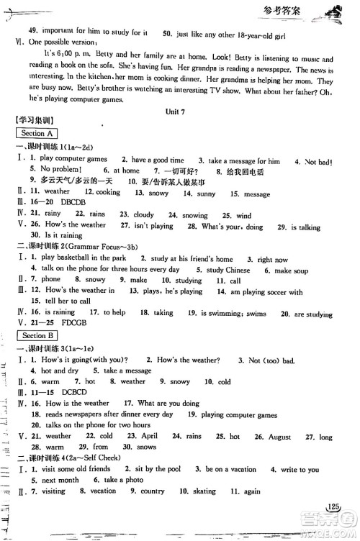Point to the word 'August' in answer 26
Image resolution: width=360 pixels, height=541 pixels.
click(279, 436)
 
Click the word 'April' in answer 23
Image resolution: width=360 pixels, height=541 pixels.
click(149, 436)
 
